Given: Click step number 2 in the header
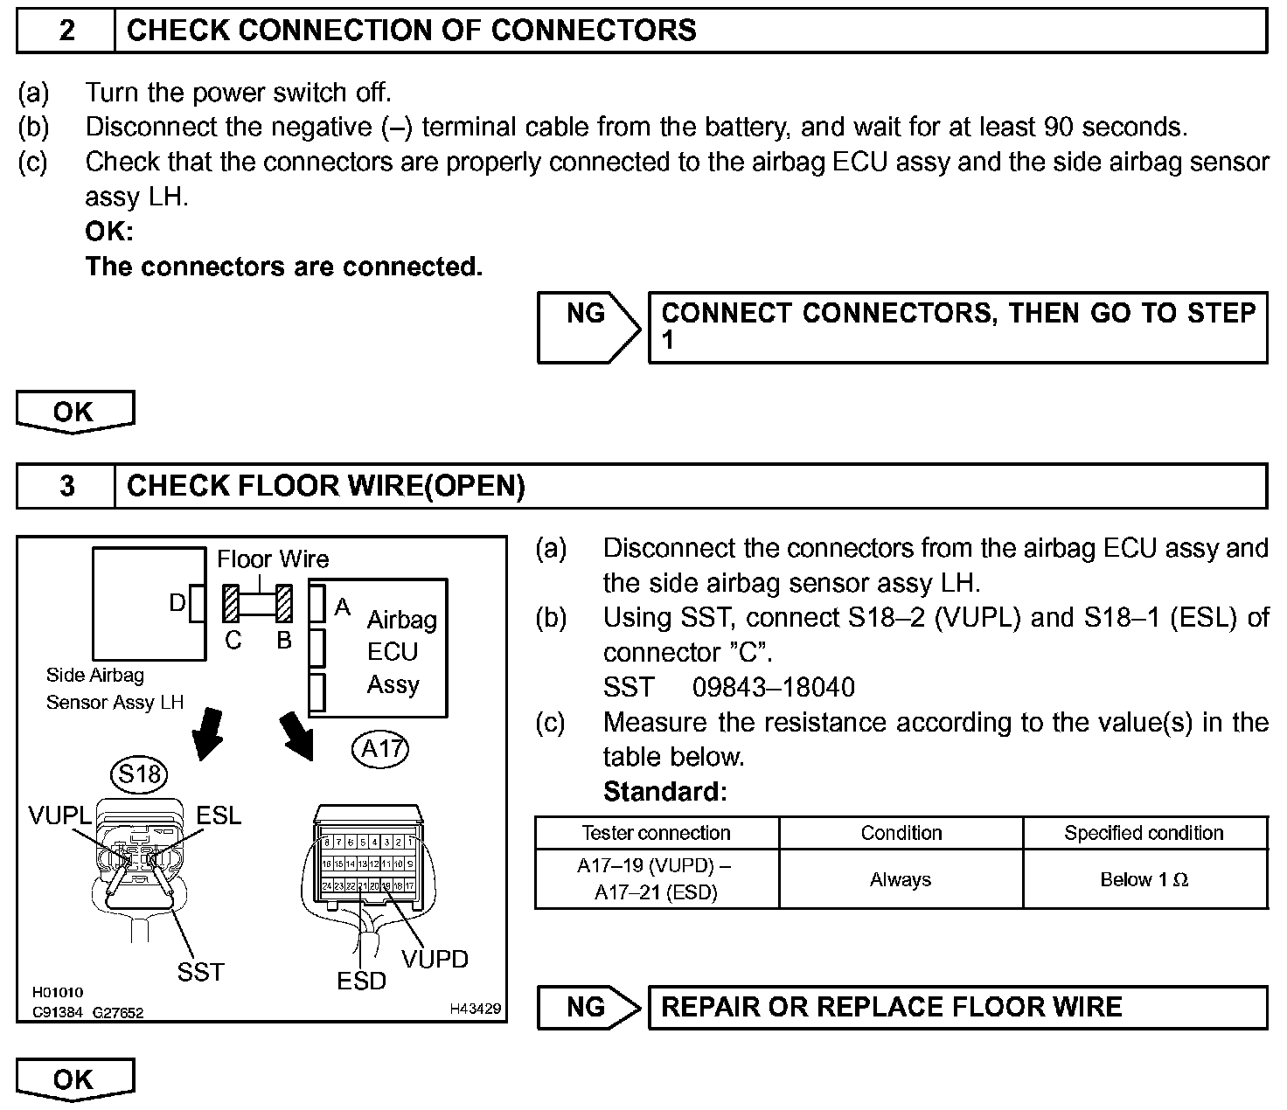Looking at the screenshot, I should pos(66,31).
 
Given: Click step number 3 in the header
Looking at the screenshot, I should pos(66,486).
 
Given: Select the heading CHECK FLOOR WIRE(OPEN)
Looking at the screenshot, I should pos(325,486).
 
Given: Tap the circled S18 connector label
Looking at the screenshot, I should pos(140,774).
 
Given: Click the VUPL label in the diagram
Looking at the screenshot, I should pos(59,815).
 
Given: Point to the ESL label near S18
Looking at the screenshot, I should pos(219,815).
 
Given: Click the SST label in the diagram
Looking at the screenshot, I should pos(200,972).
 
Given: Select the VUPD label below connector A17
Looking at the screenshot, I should pos(435,959).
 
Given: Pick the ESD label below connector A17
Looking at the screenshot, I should pos(361,982).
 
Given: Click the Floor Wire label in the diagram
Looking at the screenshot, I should pos(273,559).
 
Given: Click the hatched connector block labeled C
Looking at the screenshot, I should pos(231,604).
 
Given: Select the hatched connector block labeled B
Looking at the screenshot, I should pos(284,604).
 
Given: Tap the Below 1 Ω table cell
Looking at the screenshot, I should pos(1144,879).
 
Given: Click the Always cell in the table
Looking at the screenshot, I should pos(901,879).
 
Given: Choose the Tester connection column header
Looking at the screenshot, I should pos(656,833).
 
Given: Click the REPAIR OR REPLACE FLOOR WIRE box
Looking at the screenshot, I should pos(957,1008).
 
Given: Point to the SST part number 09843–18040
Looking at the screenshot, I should pos(773,687).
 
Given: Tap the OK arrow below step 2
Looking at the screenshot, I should pos(74,412).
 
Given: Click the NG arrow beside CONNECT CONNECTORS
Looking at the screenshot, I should pos(588,327).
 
